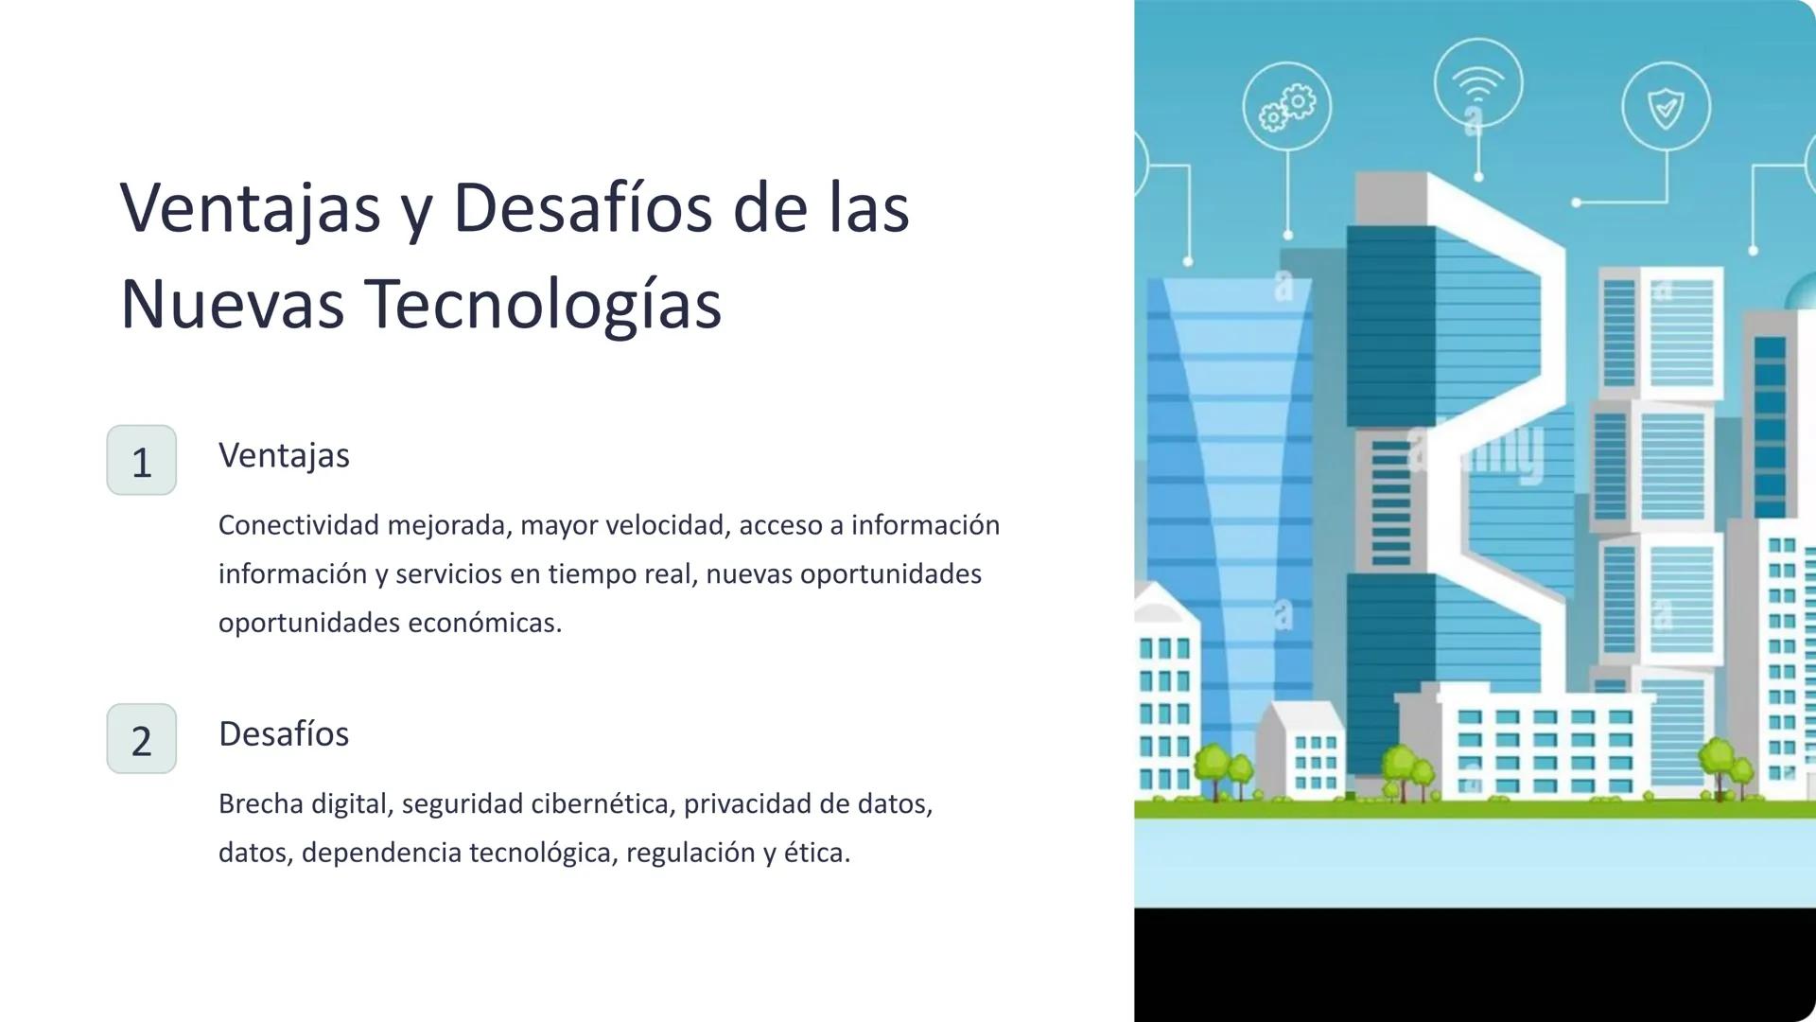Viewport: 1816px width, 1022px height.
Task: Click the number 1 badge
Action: (141, 460)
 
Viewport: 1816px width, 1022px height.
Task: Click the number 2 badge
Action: (141, 738)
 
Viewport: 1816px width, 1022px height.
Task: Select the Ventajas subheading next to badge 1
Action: (284, 455)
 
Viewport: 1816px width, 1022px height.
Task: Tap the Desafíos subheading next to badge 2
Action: (284, 733)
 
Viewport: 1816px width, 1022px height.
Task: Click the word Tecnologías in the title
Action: (543, 305)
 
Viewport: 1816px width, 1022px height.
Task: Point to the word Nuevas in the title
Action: (232, 305)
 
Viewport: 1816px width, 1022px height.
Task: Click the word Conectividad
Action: (298, 525)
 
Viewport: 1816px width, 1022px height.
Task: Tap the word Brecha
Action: (261, 804)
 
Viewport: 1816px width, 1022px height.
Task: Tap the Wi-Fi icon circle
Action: (1477, 83)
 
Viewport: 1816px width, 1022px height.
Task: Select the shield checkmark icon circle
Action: (1666, 107)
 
